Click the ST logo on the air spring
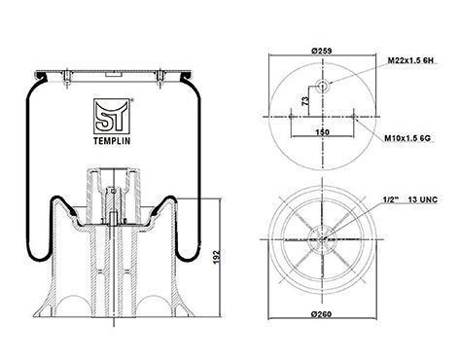112,117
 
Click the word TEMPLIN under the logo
112,141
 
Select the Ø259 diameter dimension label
321,51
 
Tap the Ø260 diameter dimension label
321,314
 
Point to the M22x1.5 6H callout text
410,60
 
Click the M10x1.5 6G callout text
407,138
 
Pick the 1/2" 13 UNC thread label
410,199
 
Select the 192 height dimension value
217,257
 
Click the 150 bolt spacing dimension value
322,132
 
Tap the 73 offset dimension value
305,101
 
